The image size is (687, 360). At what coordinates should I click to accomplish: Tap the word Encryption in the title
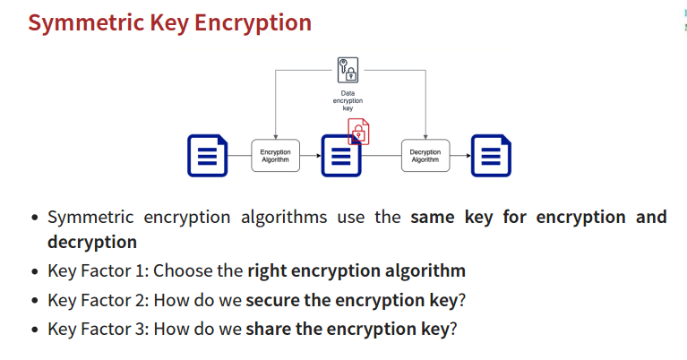tap(251, 22)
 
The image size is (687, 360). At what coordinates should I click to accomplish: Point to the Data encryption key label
tap(348, 100)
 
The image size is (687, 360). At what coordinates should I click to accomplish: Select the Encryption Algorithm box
tap(275, 156)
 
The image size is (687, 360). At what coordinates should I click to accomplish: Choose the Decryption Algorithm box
tap(425, 156)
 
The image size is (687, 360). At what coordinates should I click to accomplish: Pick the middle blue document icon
tap(339, 158)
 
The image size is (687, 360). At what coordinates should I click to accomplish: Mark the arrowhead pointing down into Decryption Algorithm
tap(425, 135)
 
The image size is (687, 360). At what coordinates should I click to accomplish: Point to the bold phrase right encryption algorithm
tap(356, 270)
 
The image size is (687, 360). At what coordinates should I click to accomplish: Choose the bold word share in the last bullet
tap(269, 328)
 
